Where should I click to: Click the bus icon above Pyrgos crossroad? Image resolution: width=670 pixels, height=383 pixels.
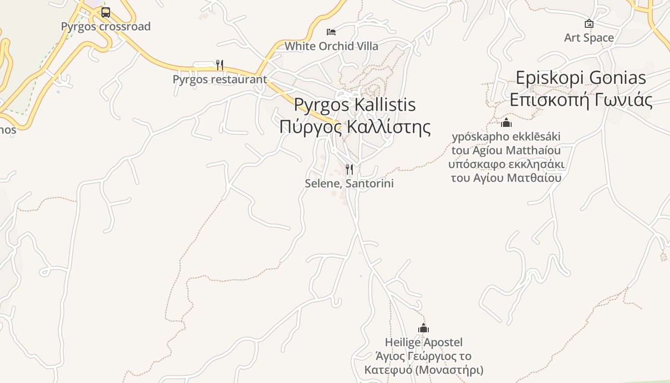click(106, 12)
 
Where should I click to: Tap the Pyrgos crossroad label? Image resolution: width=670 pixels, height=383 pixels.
click(106, 26)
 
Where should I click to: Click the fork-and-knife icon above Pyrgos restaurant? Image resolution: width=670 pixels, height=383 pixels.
click(220, 65)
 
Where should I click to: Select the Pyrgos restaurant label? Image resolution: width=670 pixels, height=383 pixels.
click(220, 79)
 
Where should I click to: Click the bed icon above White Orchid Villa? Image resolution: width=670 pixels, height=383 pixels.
click(331, 32)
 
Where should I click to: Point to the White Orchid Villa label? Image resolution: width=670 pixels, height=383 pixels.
click(331, 46)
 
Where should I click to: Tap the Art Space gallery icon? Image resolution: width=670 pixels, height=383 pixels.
click(589, 23)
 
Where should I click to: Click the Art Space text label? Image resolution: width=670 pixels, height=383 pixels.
click(589, 38)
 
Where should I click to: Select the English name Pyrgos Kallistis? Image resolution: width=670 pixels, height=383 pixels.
click(355, 105)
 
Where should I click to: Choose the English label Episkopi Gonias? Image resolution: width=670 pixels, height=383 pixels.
click(581, 78)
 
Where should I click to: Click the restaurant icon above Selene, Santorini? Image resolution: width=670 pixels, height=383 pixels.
click(349, 169)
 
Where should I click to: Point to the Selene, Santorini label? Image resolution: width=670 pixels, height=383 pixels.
click(349, 183)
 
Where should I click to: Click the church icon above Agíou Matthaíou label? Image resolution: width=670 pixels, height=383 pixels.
click(506, 123)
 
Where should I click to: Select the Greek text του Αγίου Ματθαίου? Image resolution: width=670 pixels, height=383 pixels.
click(506, 178)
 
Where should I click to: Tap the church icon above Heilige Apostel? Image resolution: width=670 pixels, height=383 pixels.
click(424, 328)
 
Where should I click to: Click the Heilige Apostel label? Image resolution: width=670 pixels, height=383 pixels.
click(424, 342)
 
